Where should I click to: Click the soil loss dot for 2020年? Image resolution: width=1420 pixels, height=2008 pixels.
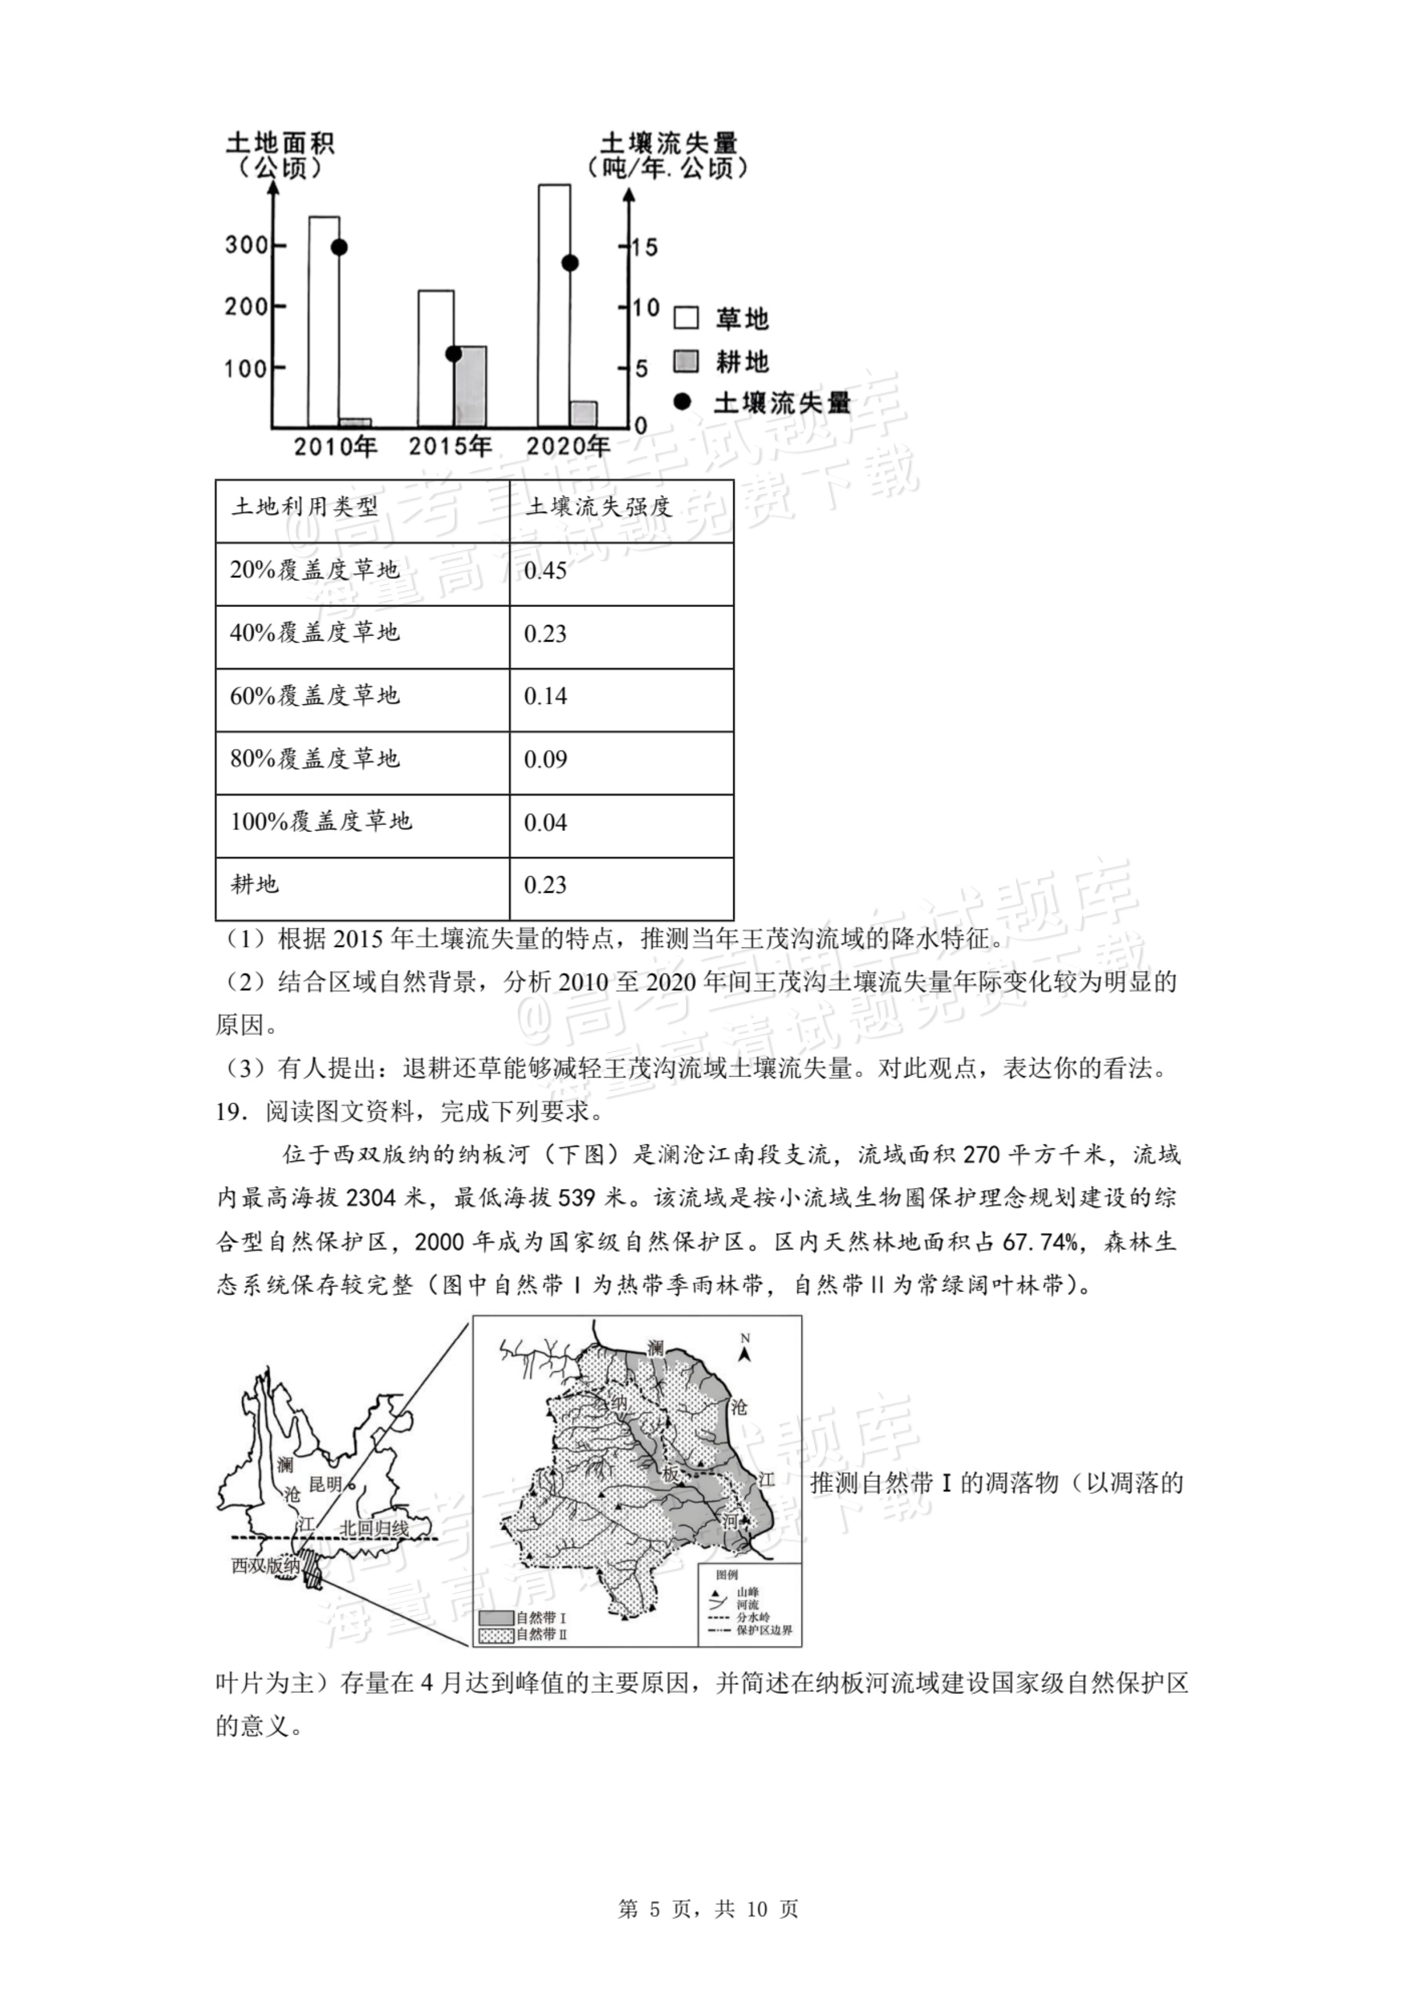click(x=570, y=262)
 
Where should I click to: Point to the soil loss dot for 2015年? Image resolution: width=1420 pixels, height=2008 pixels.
click(x=453, y=354)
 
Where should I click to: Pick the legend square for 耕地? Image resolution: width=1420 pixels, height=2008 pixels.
click(x=686, y=360)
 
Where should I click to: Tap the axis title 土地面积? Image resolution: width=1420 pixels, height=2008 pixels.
click(x=280, y=143)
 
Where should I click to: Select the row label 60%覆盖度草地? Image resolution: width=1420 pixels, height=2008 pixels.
click(x=315, y=696)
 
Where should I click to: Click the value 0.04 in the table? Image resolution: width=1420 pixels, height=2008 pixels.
click(x=546, y=822)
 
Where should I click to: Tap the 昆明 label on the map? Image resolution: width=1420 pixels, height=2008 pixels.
click(x=325, y=1484)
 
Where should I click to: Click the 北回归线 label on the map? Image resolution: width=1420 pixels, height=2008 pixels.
click(x=374, y=1528)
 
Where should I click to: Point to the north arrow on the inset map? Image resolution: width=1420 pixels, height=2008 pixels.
click(x=745, y=1351)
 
